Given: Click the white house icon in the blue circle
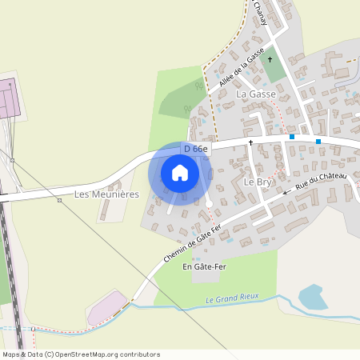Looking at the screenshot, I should tap(180, 172).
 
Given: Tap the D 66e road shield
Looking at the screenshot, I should tap(195, 149).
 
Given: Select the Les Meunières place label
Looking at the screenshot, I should tap(106, 194).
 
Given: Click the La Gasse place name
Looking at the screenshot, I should tap(256, 94).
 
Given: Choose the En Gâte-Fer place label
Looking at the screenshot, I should tap(204, 266).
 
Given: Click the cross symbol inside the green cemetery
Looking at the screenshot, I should tap(270, 59).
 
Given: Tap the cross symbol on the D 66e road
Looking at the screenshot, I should tap(250, 142).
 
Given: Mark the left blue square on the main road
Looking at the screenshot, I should tap(292, 137).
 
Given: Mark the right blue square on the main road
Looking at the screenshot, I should tap(318, 142).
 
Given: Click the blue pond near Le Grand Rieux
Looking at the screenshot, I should tap(313, 296).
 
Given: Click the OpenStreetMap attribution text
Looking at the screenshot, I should tap(80, 354).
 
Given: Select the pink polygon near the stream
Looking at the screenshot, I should tap(106, 308).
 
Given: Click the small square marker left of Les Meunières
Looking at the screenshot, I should tap(59, 200).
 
